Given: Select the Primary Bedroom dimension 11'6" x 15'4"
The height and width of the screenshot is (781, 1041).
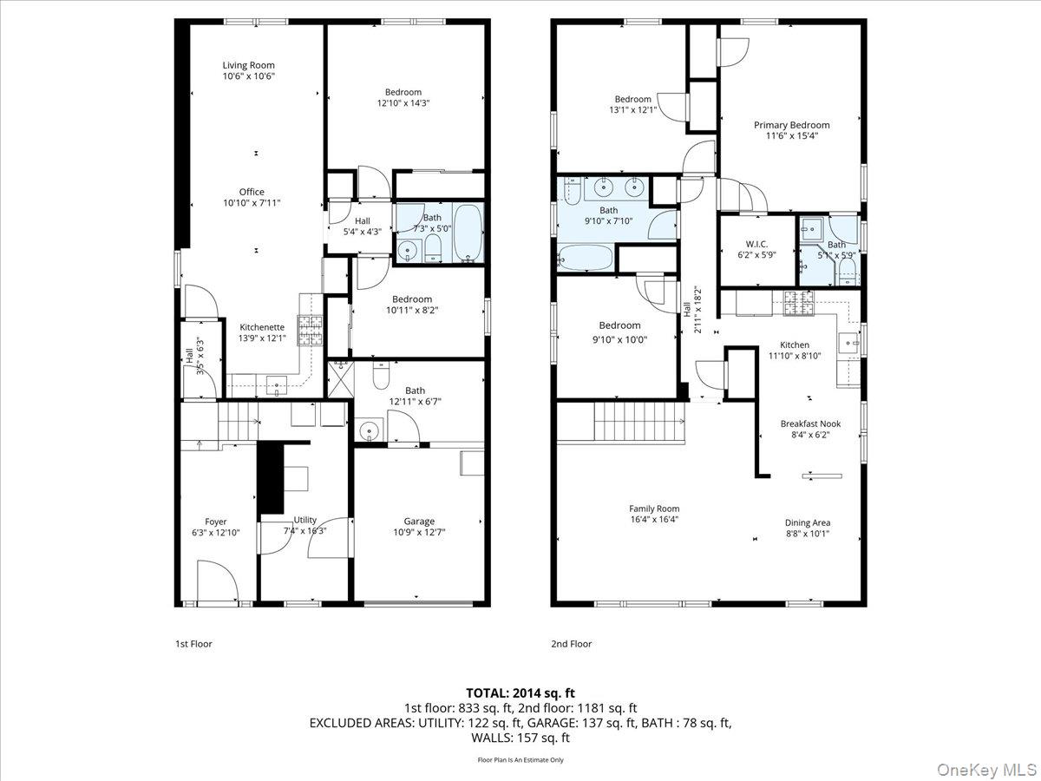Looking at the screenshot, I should (x=791, y=136).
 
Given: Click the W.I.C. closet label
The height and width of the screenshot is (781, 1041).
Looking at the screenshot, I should (x=756, y=245).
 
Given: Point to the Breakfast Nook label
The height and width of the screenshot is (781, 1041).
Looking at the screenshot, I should (x=810, y=423).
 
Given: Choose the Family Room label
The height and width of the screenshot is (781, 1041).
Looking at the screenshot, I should (x=654, y=509).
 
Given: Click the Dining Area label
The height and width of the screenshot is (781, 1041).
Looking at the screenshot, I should (x=808, y=522).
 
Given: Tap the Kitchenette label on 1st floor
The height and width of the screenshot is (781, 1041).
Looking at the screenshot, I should (x=262, y=327).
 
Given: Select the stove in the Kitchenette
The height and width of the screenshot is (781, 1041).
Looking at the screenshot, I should (x=311, y=330).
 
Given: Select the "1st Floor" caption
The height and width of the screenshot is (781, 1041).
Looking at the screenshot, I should (x=193, y=644).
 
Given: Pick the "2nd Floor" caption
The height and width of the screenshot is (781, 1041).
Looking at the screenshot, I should (x=571, y=644).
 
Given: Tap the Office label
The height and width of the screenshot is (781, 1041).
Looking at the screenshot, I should (x=252, y=192).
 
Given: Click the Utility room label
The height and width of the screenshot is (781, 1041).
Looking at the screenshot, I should (x=304, y=520).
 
